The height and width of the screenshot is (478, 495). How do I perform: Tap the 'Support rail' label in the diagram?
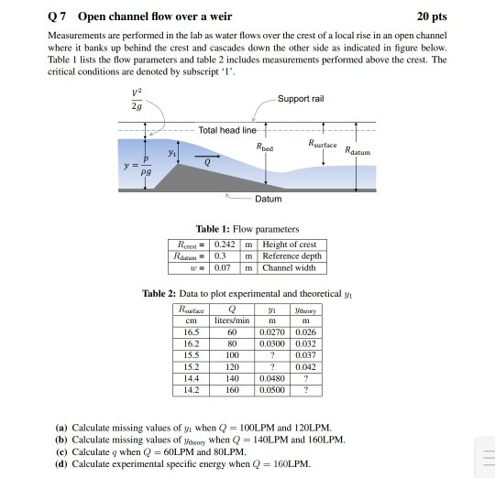click(x=300, y=98)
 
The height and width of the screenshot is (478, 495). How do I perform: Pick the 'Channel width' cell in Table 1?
click(x=288, y=266)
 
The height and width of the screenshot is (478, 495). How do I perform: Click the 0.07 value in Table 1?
click(x=223, y=266)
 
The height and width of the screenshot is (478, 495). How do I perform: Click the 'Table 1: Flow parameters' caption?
click(x=247, y=228)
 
